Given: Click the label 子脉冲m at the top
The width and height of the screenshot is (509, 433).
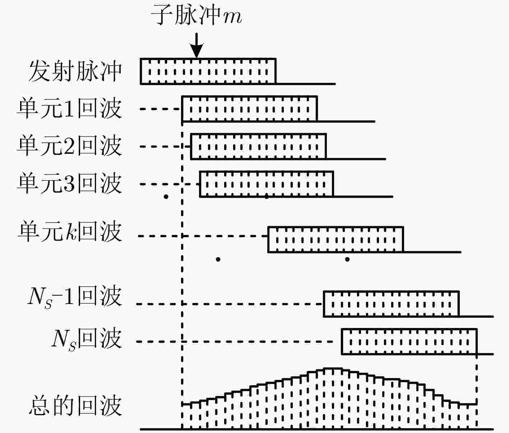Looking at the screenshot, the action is pos(196,15).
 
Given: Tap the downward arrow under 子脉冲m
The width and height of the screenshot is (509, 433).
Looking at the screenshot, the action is pos(196,46).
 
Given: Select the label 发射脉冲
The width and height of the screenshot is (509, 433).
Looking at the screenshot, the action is pos(75,71).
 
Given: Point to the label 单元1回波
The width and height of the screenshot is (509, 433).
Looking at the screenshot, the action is pos(70,109).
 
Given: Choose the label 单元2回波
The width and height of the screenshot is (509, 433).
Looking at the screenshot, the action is pos(70,146).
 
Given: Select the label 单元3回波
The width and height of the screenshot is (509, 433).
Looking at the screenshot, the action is pos(70,184).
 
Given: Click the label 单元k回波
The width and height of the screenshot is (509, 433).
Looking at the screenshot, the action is pos(70,232).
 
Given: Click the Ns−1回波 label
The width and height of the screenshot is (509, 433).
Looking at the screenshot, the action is pos(75,297).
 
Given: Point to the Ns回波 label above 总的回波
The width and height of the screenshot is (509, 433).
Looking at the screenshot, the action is pos(87,340).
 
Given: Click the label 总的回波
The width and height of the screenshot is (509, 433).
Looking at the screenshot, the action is pos(75,406).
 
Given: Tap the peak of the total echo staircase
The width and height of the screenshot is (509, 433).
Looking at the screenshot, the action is pos(332,368).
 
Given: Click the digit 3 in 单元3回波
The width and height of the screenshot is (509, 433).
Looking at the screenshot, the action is pos(69,184).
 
